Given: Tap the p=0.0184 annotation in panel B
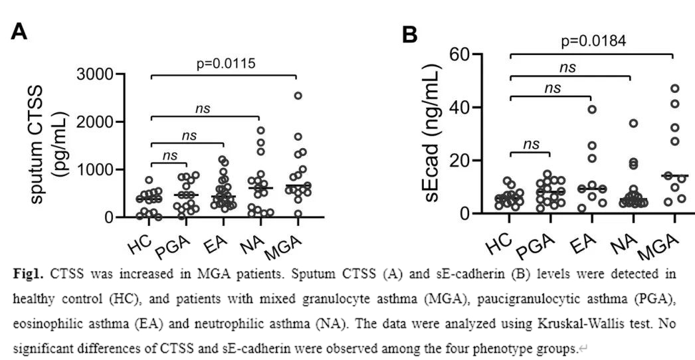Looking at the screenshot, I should (x=593, y=42).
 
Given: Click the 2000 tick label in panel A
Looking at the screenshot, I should (x=97, y=122).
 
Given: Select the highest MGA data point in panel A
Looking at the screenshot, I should (x=298, y=96).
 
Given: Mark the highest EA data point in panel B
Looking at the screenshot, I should (x=592, y=109).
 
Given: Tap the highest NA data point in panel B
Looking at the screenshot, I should (x=634, y=123).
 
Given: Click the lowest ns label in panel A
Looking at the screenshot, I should (x=170, y=155).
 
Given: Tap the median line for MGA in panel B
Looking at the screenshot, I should (x=674, y=176).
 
